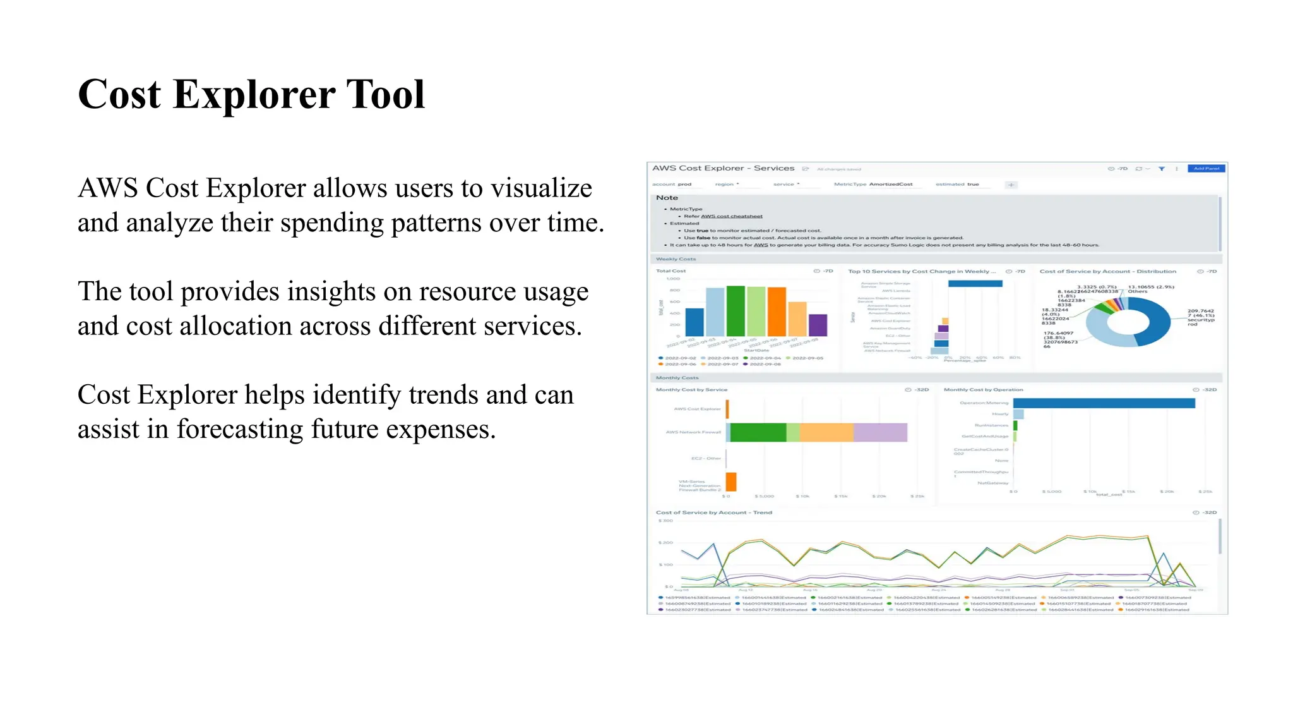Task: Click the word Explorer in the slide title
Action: click(254, 95)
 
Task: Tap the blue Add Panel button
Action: click(1206, 169)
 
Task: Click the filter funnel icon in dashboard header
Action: click(1161, 169)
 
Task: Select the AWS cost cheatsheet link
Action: click(731, 216)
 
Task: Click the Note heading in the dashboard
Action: click(667, 198)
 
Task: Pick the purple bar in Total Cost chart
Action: click(818, 325)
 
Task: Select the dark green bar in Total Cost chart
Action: click(736, 311)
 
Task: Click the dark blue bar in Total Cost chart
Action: click(694, 322)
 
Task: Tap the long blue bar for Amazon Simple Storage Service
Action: click(975, 284)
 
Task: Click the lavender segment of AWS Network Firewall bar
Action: click(880, 432)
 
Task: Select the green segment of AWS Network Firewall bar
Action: click(758, 432)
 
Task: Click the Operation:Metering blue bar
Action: click(1104, 403)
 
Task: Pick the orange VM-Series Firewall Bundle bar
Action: click(731, 482)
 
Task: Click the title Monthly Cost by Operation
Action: click(983, 390)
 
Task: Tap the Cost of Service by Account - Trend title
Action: click(713, 513)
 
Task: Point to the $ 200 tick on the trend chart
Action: click(665, 543)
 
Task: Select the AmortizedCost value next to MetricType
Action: click(890, 185)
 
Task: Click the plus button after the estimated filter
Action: click(1011, 185)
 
